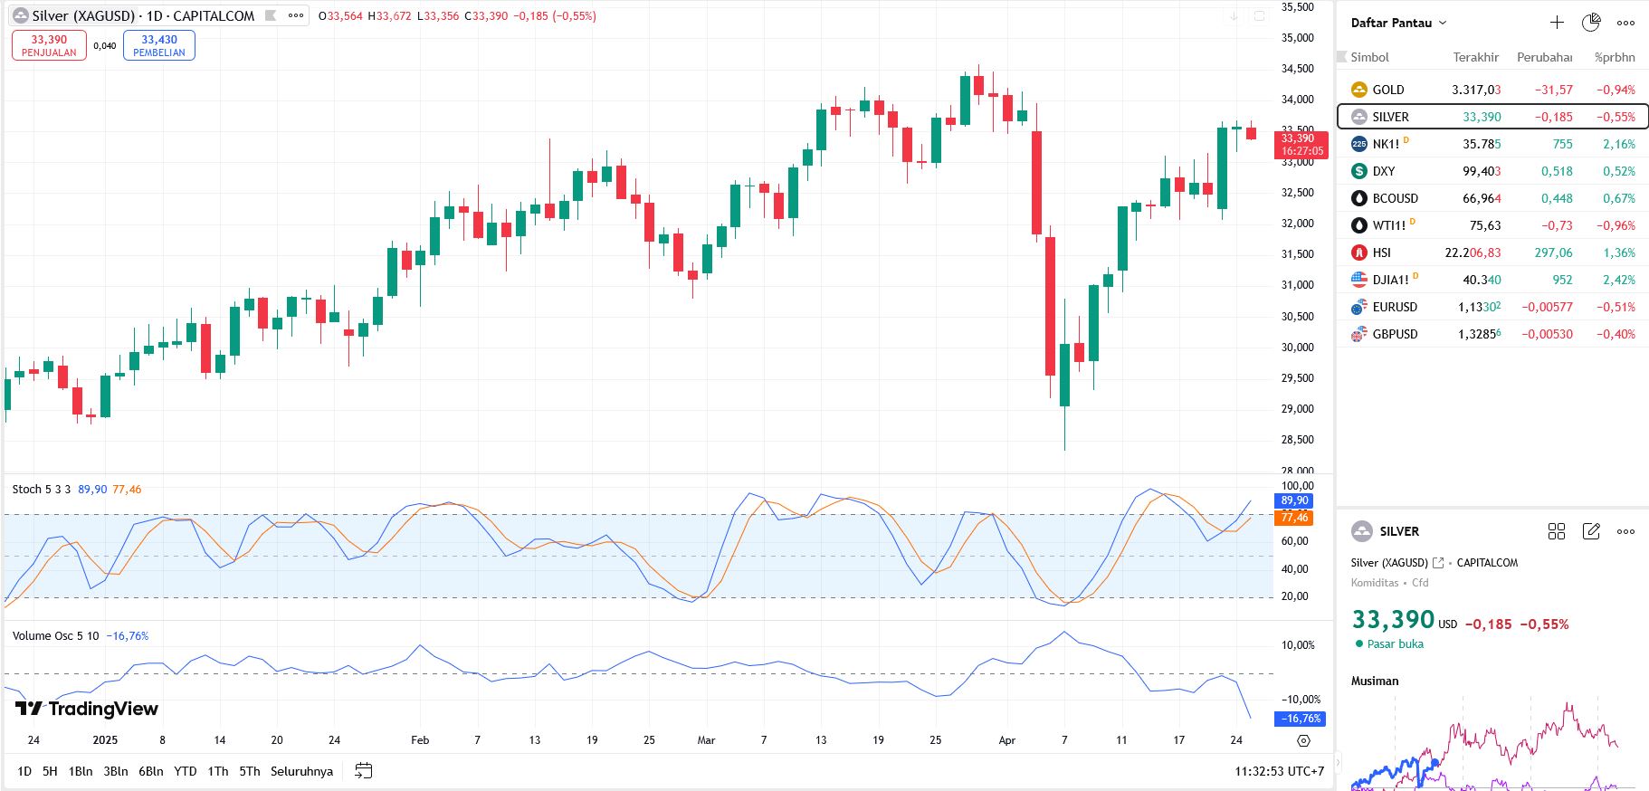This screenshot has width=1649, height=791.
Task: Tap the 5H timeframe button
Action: (50, 771)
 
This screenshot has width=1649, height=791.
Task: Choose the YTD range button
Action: (185, 771)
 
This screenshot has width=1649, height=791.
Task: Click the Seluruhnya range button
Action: (301, 771)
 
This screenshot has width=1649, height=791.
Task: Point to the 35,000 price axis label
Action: (1297, 38)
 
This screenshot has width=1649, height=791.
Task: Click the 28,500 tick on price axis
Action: (1297, 440)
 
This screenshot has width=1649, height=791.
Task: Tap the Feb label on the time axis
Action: (420, 740)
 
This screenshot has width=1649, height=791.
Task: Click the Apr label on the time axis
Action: (1006, 740)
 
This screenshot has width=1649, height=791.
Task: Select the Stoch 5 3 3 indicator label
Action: (42, 490)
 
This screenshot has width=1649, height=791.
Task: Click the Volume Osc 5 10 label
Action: (55, 636)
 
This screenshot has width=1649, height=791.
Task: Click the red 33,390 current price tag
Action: (1301, 145)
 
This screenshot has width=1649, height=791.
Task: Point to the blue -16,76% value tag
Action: (1301, 719)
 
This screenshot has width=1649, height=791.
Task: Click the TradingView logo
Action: (87, 709)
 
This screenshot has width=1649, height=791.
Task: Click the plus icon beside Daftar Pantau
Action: (1557, 23)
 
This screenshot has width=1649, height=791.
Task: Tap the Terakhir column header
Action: (1475, 57)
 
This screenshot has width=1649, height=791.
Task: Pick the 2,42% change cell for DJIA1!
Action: (1618, 280)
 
